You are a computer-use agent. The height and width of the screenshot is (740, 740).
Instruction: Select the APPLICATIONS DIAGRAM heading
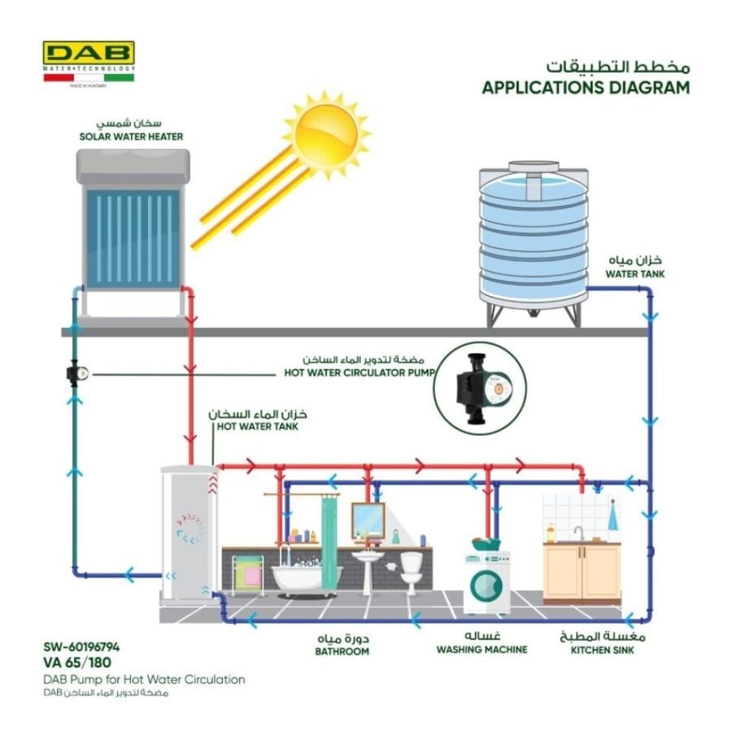(585, 87)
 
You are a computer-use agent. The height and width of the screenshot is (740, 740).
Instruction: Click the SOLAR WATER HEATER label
(131, 137)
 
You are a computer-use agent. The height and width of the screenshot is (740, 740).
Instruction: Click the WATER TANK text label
(635, 274)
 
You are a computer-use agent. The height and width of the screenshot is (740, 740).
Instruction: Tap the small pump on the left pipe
(77, 373)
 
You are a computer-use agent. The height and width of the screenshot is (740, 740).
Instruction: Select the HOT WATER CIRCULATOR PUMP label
(360, 373)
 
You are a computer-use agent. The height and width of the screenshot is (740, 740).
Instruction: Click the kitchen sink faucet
(578, 533)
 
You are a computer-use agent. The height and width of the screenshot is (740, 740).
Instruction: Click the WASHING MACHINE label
(482, 650)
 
